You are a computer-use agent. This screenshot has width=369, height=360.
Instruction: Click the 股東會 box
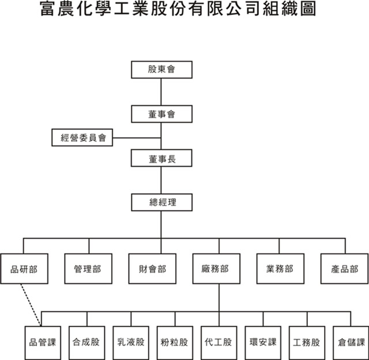161,70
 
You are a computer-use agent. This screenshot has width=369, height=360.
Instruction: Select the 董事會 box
161,114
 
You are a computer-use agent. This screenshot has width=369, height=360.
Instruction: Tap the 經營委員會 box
82,137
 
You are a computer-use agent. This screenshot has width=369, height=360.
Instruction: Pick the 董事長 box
161,158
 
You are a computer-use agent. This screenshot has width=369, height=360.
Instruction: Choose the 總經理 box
161,202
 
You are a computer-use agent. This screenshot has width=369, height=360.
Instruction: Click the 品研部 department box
24,269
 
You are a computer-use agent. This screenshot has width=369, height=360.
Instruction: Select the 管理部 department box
88,269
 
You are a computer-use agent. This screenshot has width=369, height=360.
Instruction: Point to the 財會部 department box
152,269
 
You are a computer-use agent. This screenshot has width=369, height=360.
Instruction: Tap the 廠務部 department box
216,269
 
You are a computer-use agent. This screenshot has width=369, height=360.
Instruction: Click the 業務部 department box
280,269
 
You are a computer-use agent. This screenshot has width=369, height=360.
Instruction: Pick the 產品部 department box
344,269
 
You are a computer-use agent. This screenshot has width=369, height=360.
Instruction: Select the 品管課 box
43,343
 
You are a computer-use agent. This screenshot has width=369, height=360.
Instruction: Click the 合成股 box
87,343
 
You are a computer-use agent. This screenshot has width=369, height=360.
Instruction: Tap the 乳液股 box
131,343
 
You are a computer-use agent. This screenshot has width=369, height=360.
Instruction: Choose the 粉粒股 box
175,343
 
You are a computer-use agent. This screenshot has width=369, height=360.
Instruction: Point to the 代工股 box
219,343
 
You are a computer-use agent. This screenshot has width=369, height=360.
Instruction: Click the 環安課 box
263,343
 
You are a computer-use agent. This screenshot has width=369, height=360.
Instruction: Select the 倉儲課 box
351,343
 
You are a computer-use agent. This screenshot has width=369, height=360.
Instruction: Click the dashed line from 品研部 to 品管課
31,305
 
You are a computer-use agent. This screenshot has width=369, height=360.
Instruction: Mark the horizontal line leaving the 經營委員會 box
137,138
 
